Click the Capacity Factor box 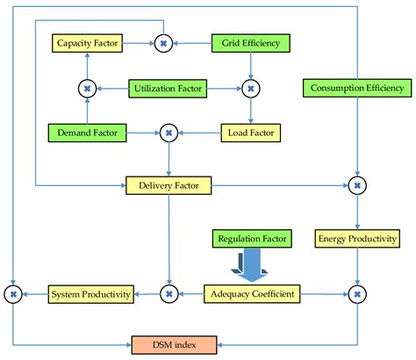pyautogui.click(x=87, y=42)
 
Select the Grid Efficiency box pyautogui.click(x=250, y=42)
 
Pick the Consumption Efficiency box pyautogui.click(x=356, y=88)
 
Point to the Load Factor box pyautogui.click(x=250, y=133)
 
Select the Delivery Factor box pyautogui.click(x=169, y=185)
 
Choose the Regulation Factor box pyautogui.click(x=253, y=238)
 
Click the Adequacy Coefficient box pyautogui.click(x=251, y=292)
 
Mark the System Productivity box pyautogui.click(x=90, y=292)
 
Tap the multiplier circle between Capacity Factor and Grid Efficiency pyautogui.click(x=163, y=42)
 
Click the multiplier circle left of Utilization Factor pyautogui.click(x=87, y=88)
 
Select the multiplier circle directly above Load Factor pyautogui.click(x=251, y=88)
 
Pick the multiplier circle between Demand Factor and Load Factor pyautogui.click(x=168, y=133)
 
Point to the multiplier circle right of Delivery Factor pyautogui.click(x=356, y=185)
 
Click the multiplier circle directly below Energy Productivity pyautogui.click(x=356, y=292)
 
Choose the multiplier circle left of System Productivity pyautogui.click(x=13, y=292)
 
